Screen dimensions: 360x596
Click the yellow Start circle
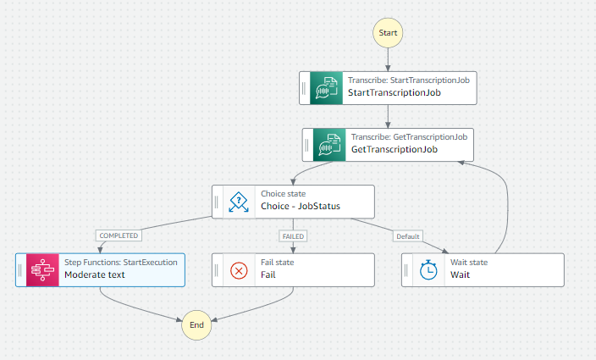coord(388,32)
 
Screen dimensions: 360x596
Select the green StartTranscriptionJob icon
coord(325,87)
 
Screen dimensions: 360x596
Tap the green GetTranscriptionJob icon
coord(328,144)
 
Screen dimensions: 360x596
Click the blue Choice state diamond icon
coord(240,202)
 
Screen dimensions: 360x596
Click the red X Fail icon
coord(240,269)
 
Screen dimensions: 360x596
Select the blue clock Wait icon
coord(429,269)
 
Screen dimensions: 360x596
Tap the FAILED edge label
coord(293,235)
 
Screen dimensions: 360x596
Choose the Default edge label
coord(408,235)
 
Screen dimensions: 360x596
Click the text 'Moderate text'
coord(96,275)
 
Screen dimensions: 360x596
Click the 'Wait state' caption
coord(468,263)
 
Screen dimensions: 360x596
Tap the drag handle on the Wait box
coord(406,269)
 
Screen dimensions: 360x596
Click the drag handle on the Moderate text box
coord(20,269)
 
